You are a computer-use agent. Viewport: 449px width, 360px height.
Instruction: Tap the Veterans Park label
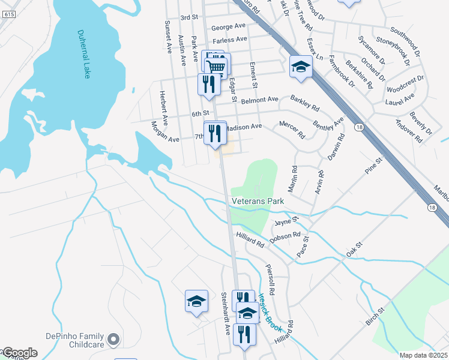(258, 202)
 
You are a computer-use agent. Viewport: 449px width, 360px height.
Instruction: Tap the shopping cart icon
(217, 66)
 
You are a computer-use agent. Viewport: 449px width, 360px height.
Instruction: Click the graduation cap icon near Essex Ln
(301, 66)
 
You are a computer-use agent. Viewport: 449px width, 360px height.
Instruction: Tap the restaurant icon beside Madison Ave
(215, 133)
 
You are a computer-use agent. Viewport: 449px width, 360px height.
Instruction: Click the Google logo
(19, 352)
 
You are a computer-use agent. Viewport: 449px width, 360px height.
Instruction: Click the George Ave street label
(229, 26)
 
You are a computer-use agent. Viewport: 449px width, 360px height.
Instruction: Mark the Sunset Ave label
(168, 35)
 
